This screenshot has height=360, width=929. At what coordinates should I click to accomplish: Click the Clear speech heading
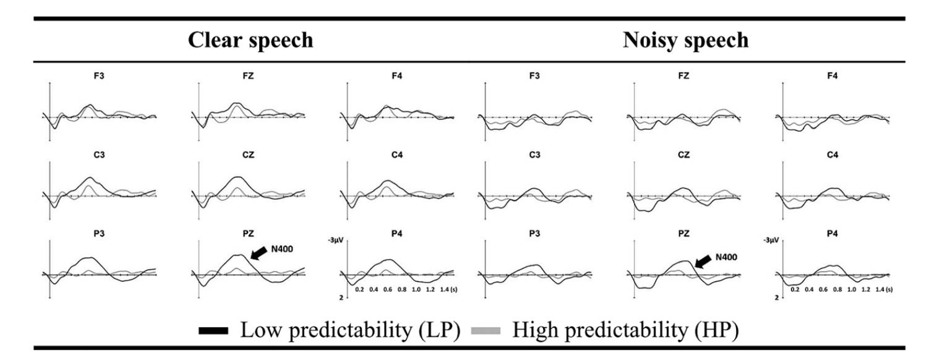tap(250, 41)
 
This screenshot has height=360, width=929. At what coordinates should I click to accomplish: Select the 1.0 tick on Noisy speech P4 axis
tap(852, 289)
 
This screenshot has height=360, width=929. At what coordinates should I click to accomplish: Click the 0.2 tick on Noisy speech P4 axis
tap(795, 289)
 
